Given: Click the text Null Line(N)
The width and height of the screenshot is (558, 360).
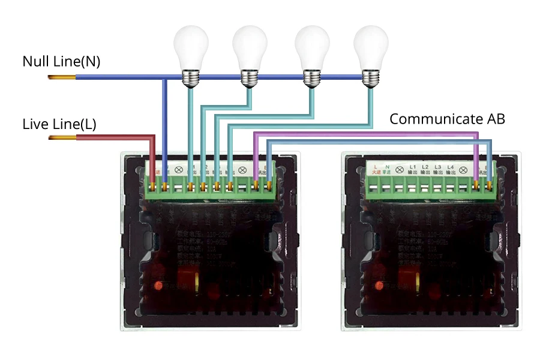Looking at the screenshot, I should click(x=61, y=61).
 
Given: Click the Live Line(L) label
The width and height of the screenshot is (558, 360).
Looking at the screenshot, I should click(x=59, y=124).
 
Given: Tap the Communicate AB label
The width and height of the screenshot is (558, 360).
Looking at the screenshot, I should click(x=447, y=119).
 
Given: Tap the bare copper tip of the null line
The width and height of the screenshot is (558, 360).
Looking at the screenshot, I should click(x=62, y=77).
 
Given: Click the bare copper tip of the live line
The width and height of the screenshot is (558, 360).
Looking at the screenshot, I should click(x=62, y=138).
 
